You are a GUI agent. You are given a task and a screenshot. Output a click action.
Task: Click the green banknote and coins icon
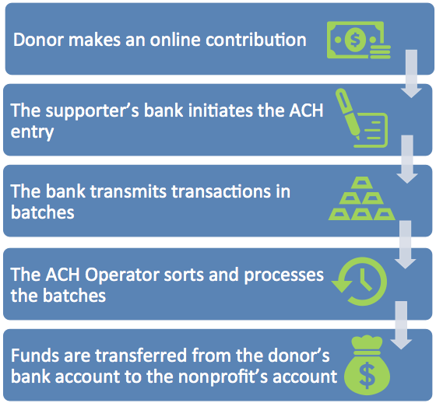click(359, 40)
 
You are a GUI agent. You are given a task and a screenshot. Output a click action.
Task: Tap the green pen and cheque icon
click(361, 117)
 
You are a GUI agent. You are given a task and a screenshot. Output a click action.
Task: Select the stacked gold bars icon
click(361, 198)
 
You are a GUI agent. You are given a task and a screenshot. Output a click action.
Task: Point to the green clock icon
click(359, 282)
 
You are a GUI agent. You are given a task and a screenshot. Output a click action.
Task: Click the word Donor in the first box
click(39, 40)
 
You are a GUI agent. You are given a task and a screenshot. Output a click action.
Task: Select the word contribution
click(256, 40)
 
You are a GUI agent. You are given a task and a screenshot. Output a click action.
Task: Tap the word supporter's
click(92, 111)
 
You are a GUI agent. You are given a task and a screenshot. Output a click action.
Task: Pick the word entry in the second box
click(32, 132)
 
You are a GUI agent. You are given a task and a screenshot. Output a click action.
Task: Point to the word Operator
click(121, 275)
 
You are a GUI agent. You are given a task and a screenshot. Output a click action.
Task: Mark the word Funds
click(35, 356)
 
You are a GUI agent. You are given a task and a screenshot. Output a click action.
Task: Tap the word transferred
click(141, 356)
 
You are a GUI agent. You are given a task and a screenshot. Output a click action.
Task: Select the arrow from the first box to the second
click(411, 74)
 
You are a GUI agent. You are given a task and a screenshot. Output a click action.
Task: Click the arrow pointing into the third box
click(407, 159)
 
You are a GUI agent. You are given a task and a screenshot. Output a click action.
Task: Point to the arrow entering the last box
click(401, 325)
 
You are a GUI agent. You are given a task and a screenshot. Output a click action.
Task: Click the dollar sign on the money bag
click(367, 376)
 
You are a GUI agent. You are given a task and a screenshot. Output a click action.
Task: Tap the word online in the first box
click(175, 40)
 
